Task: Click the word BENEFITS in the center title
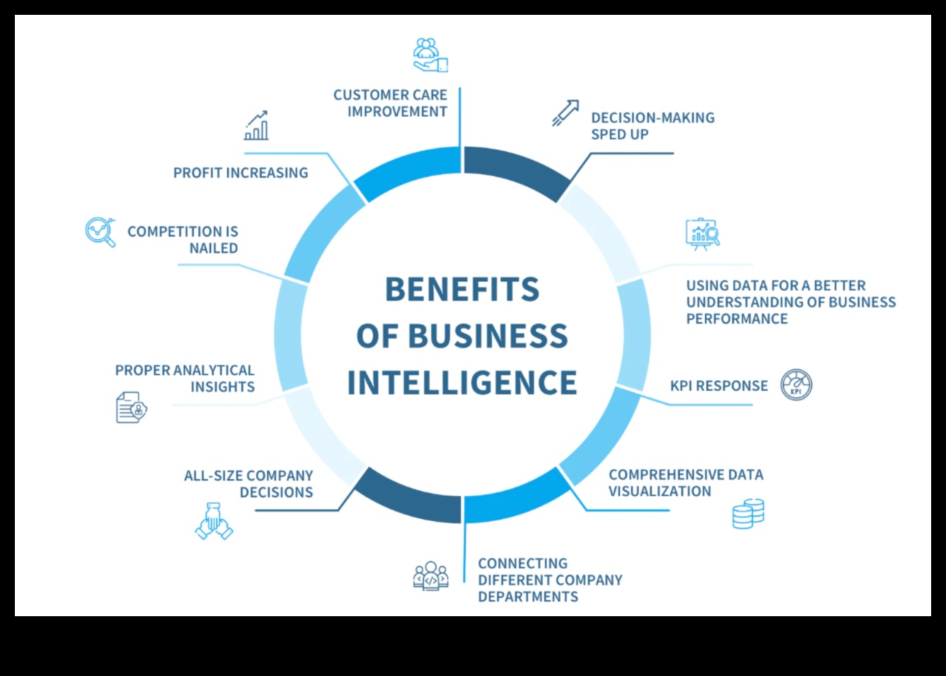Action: [462, 289]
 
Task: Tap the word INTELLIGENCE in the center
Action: [462, 383]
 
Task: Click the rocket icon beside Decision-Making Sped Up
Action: [566, 113]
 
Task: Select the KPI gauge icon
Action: [796, 385]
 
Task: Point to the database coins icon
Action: [748, 513]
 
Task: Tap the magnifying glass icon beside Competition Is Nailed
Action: [101, 231]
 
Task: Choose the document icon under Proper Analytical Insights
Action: [131, 407]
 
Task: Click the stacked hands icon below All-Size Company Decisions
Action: [213, 520]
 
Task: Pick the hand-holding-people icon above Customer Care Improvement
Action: [430, 55]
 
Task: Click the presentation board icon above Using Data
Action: [702, 234]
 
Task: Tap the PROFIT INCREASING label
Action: [240, 173]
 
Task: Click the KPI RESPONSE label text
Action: [719, 386]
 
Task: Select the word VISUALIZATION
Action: [660, 491]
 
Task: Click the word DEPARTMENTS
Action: [528, 596]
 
